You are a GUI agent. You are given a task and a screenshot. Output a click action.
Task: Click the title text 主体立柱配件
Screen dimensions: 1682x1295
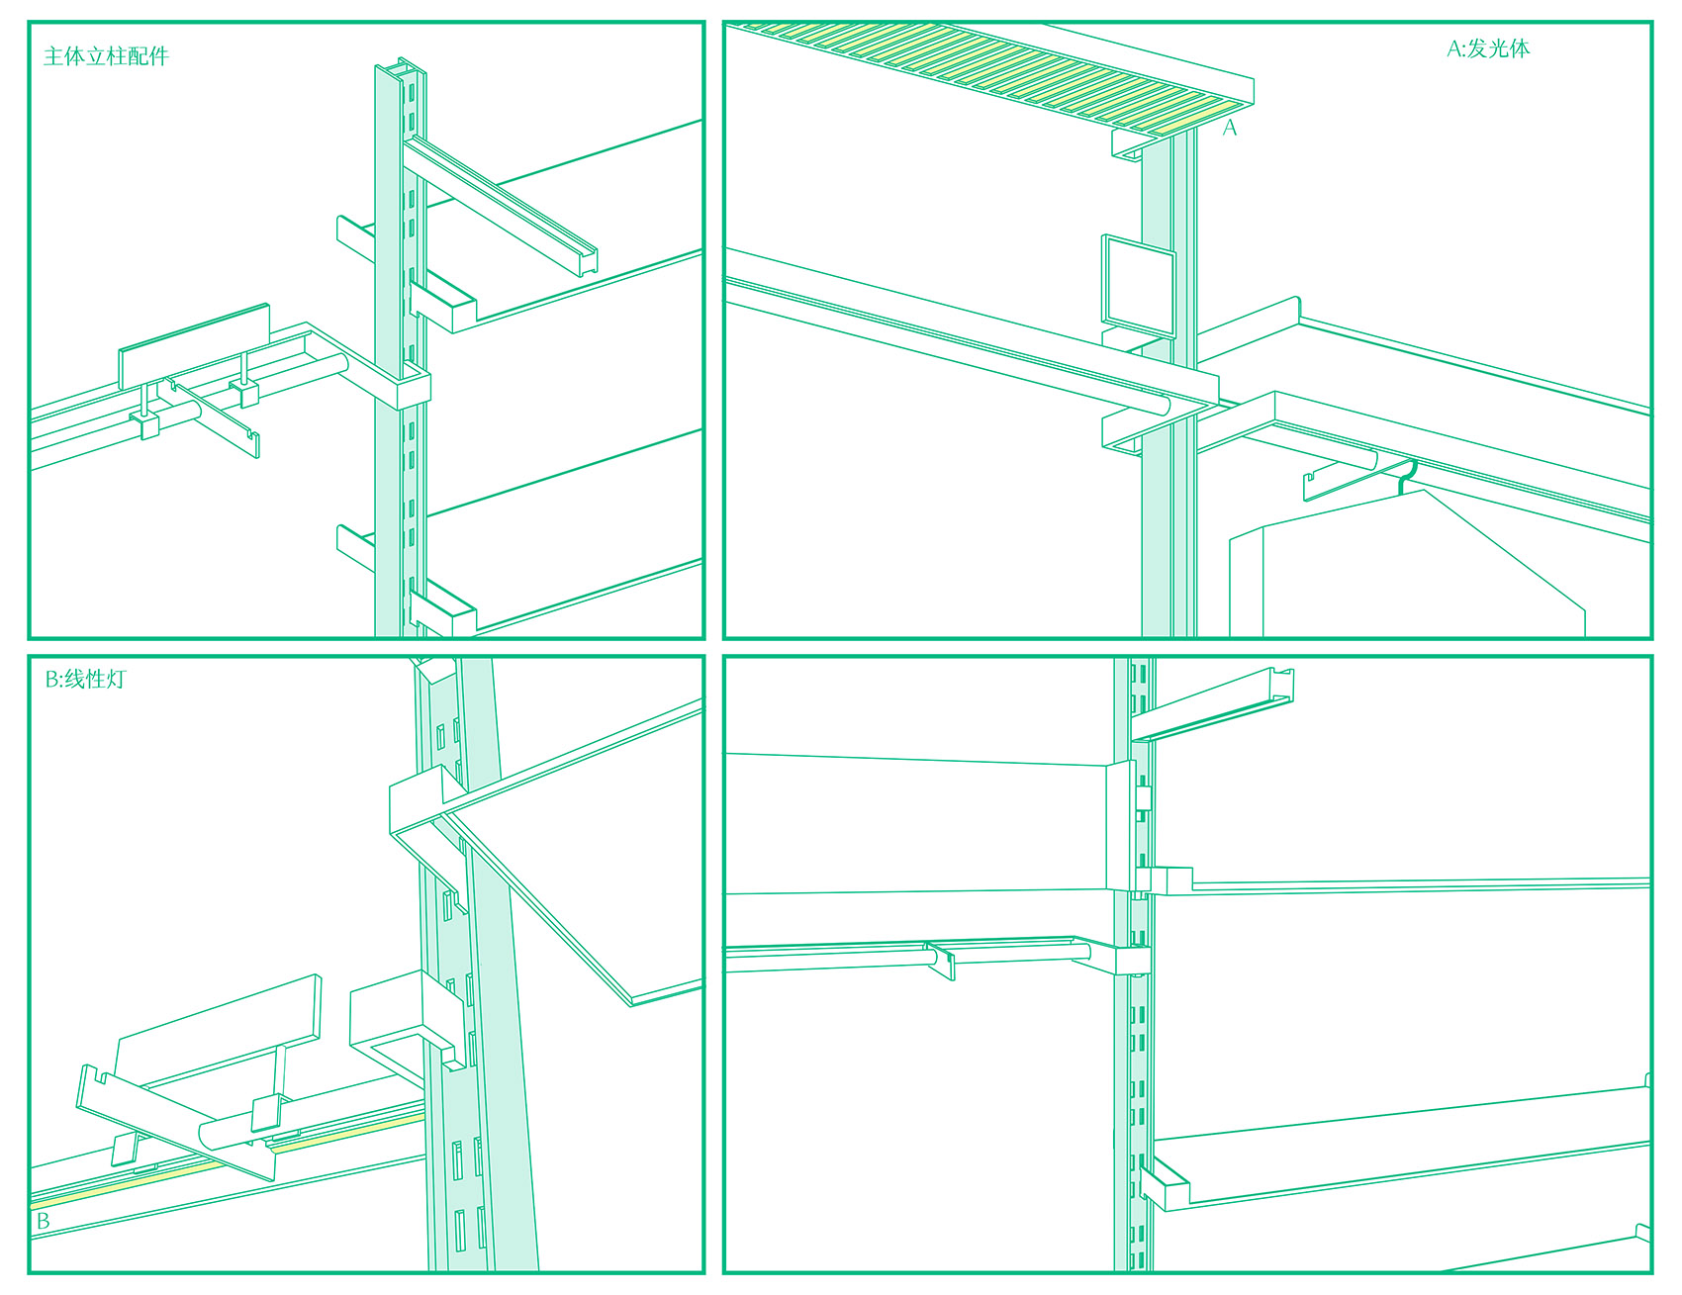point(106,56)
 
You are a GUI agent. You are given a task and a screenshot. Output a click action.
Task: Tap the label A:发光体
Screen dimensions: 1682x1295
point(1488,48)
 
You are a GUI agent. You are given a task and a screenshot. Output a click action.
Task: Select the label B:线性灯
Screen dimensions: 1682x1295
point(85,679)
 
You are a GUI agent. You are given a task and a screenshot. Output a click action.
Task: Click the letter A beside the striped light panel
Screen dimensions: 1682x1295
point(1230,128)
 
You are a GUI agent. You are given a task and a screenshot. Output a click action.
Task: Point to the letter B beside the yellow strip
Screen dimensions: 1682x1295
point(43,1221)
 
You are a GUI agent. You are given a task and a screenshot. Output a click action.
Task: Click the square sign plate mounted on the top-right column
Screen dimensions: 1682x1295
point(1139,285)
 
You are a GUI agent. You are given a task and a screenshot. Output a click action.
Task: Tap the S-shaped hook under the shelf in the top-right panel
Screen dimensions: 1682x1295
point(1407,475)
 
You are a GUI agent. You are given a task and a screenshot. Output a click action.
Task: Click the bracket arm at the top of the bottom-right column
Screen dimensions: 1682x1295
point(1213,704)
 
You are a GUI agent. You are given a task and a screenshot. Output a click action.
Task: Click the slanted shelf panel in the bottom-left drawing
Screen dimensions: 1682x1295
point(574,851)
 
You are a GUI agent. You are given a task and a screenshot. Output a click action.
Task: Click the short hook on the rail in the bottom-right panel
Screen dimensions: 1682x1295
point(942,961)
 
